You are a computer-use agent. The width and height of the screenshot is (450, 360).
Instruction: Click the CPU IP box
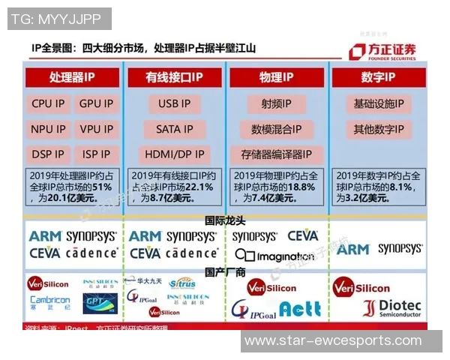pos(48,104)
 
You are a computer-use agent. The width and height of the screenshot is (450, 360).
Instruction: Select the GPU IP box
pos(96,104)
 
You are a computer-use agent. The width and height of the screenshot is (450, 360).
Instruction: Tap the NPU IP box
pos(48,129)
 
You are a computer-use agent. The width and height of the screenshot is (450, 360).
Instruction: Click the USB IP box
pos(174,104)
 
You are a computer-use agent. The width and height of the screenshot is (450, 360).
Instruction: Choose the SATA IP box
pos(174,129)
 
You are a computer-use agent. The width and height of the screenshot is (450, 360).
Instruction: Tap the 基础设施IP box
pos(378,104)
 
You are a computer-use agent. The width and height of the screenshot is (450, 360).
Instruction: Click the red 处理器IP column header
pos(72,78)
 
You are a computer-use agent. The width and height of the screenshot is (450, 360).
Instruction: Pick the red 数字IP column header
pos(378,78)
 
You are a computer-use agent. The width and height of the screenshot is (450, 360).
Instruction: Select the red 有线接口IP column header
pos(174,78)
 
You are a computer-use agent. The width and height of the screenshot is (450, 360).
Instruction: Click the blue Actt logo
pos(301,308)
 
